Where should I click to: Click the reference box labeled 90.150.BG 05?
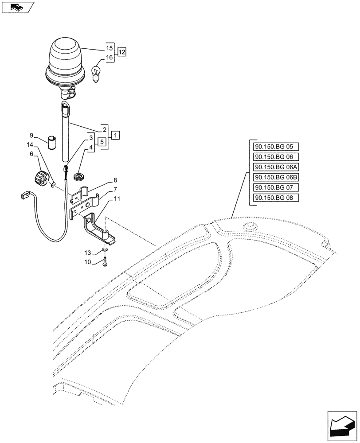276,147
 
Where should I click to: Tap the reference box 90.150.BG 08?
276,198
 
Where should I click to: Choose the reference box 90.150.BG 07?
276,187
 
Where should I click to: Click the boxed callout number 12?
122,52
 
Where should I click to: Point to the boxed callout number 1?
115,134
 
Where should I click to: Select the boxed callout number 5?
102,142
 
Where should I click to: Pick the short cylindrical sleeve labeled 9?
53,143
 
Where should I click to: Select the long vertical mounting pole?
66,137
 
